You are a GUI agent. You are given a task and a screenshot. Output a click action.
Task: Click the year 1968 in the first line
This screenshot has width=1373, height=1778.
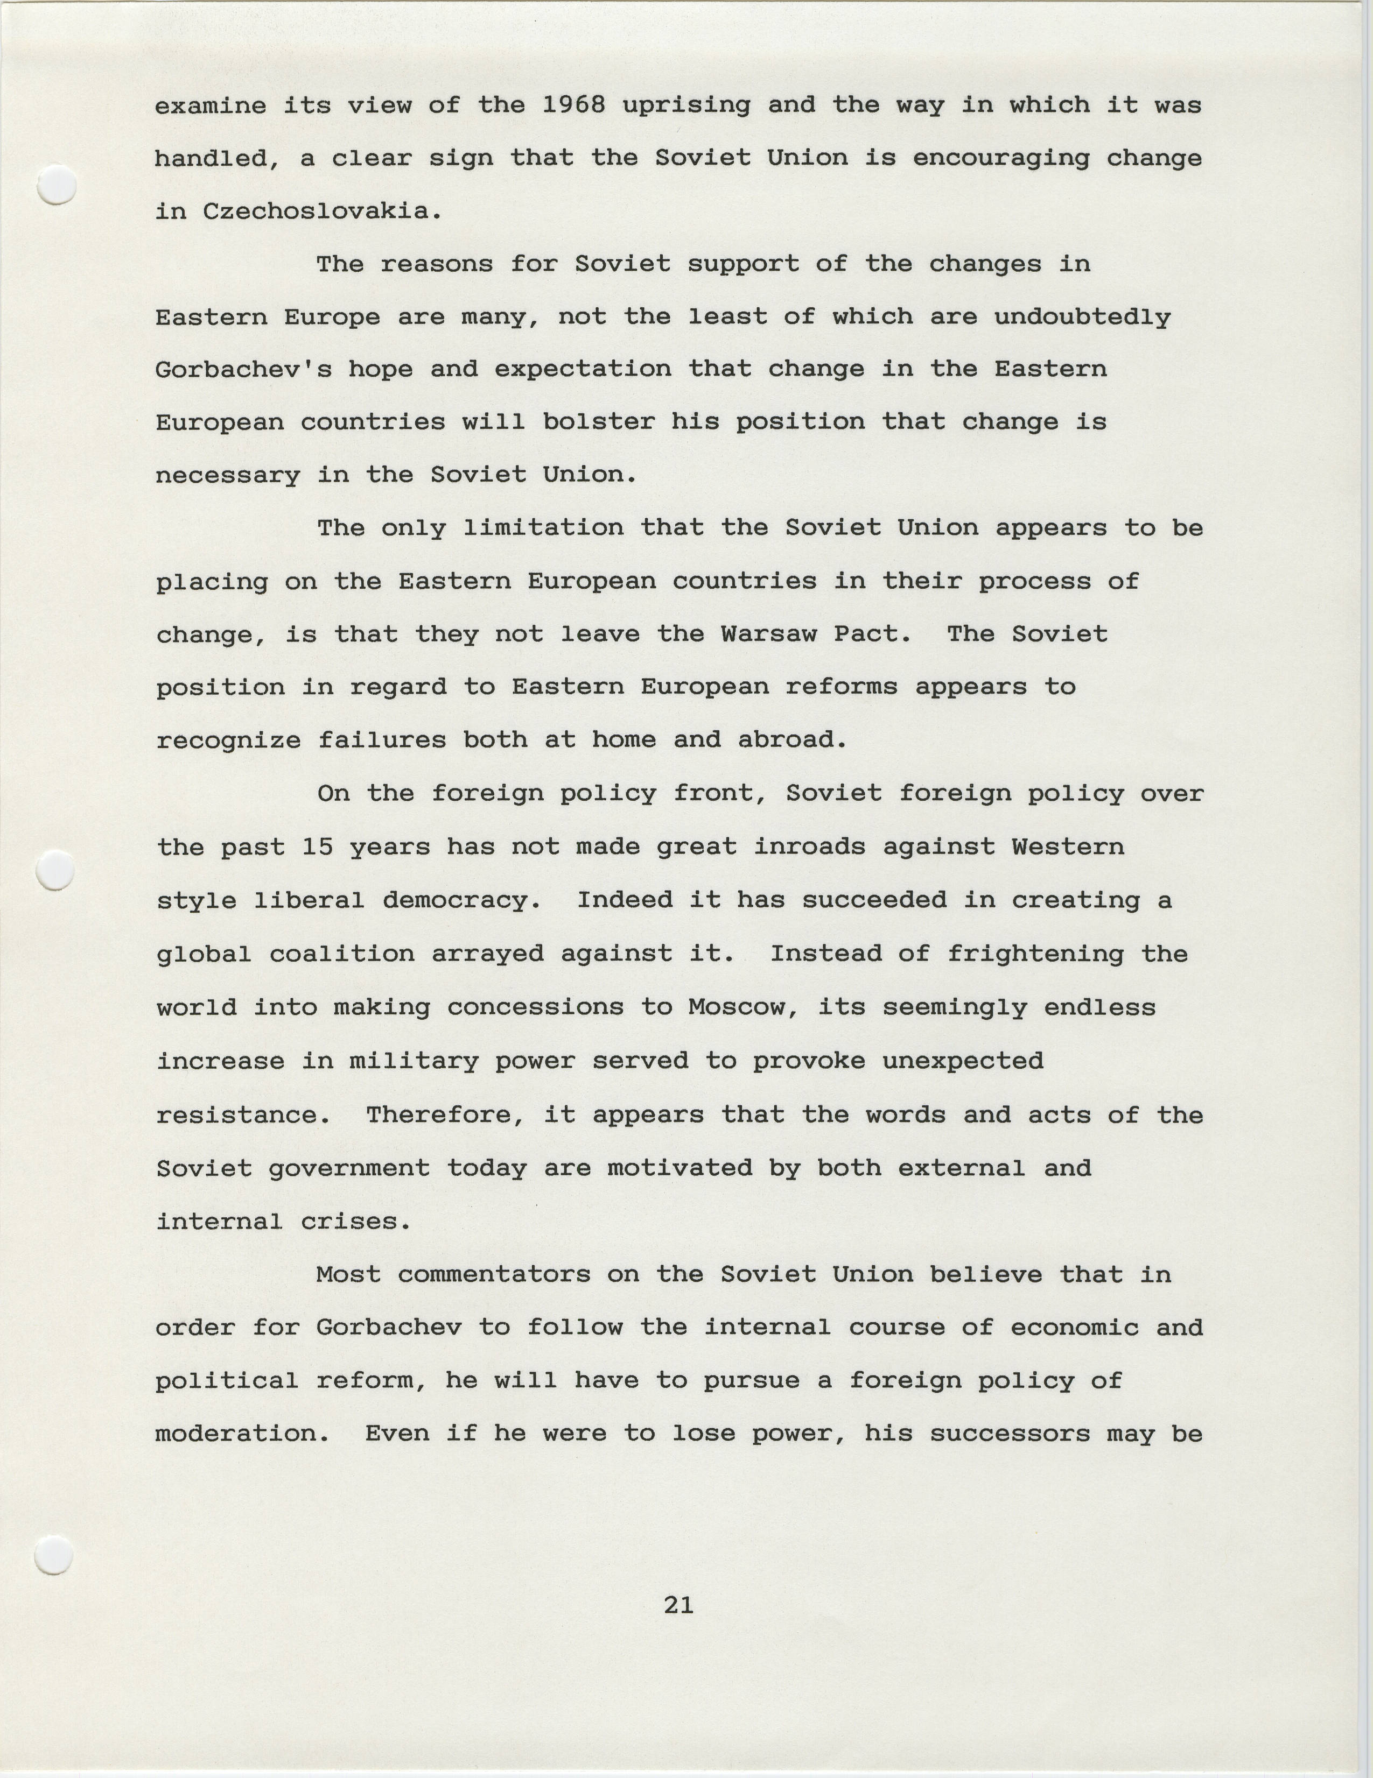(573, 105)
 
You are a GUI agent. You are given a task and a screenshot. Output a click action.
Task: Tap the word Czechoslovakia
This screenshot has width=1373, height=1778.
(314, 211)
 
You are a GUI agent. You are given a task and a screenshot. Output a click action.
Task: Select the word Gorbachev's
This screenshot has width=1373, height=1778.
(243, 370)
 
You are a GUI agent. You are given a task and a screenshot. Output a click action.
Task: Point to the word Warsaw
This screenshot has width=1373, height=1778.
(769, 634)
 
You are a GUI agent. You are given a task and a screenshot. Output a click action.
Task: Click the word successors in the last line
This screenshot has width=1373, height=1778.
(1009, 1434)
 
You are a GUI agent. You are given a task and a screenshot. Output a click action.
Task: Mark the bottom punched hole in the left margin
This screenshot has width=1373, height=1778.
(54, 1557)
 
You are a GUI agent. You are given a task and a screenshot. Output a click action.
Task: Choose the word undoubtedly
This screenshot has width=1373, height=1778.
(1082, 316)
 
